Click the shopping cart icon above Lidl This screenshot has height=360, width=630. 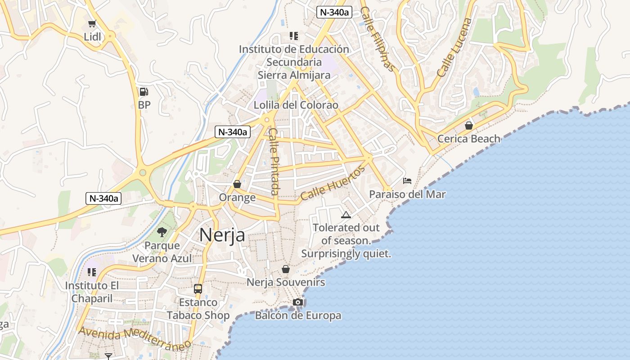point(92,24)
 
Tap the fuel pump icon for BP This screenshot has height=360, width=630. point(144,92)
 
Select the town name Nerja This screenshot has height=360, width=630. point(222,234)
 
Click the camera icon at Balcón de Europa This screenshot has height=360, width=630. point(298,302)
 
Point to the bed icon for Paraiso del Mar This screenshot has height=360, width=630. point(407,181)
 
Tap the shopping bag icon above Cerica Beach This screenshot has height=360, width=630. point(469,125)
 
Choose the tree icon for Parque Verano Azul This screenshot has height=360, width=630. point(162,232)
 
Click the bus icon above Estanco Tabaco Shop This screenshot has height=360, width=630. point(198,289)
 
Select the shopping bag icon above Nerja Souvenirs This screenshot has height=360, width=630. point(286,269)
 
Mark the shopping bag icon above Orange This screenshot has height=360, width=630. point(237,184)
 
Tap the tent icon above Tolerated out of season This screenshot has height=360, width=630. point(346,215)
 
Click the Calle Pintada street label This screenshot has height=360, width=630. point(274,162)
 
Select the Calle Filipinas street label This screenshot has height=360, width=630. point(378,39)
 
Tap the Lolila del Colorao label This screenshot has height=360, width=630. point(296,105)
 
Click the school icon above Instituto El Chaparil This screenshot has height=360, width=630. point(92,272)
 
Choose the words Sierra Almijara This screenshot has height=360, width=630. point(294,75)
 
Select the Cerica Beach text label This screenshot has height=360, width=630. point(469,139)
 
